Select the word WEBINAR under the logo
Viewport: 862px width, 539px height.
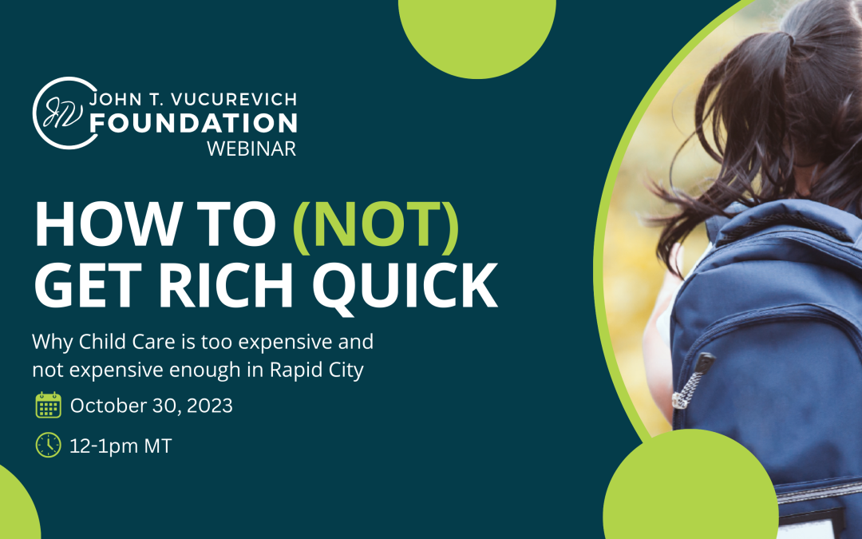pos(251,149)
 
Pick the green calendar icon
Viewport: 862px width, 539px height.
pos(49,406)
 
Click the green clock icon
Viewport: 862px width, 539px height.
pos(49,445)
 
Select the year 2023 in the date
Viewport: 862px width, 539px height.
pos(208,406)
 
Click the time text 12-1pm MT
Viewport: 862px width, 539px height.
pos(121,446)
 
